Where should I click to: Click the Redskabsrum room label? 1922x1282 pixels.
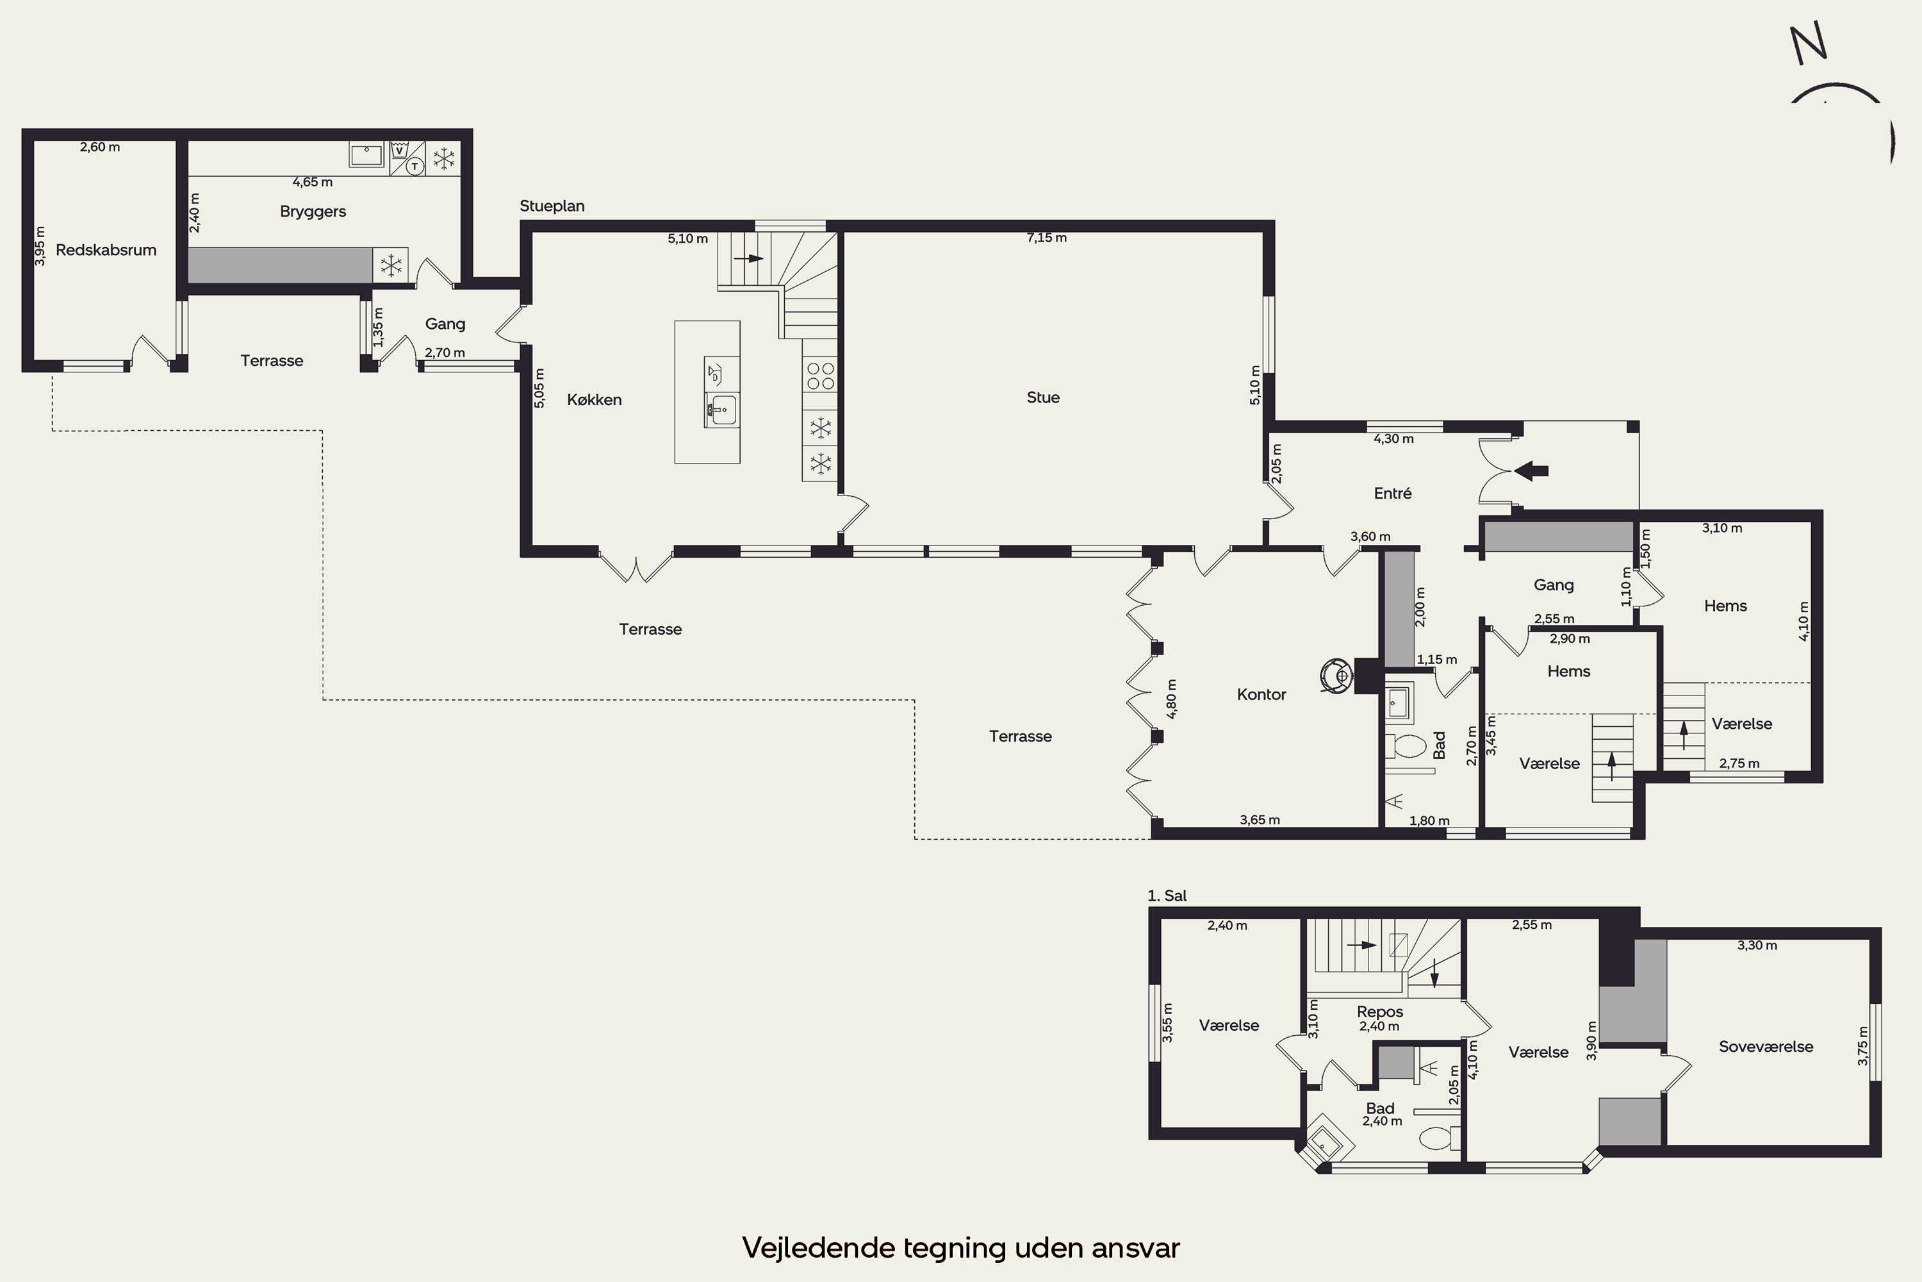click(x=106, y=250)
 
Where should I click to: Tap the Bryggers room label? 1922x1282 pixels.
click(x=313, y=212)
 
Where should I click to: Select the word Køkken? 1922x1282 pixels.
click(x=594, y=400)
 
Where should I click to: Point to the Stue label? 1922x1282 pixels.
click(x=1043, y=397)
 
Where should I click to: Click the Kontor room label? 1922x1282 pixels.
click(x=1261, y=694)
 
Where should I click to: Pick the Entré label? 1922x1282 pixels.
click(x=1392, y=493)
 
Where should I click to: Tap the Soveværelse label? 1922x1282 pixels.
click(x=1766, y=1047)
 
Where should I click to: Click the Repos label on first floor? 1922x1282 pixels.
click(x=1379, y=1012)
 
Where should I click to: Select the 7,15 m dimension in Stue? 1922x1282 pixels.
click(x=1047, y=238)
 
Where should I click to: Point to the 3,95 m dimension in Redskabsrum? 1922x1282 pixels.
click(x=40, y=246)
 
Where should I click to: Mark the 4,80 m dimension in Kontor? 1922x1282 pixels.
click(x=1171, y=699)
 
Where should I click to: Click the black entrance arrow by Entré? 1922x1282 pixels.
click(x=1531, y=470)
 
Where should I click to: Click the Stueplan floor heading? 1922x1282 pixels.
click(x=552, y=206)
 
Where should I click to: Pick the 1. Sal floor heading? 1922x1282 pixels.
click(x=1167, y=896)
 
